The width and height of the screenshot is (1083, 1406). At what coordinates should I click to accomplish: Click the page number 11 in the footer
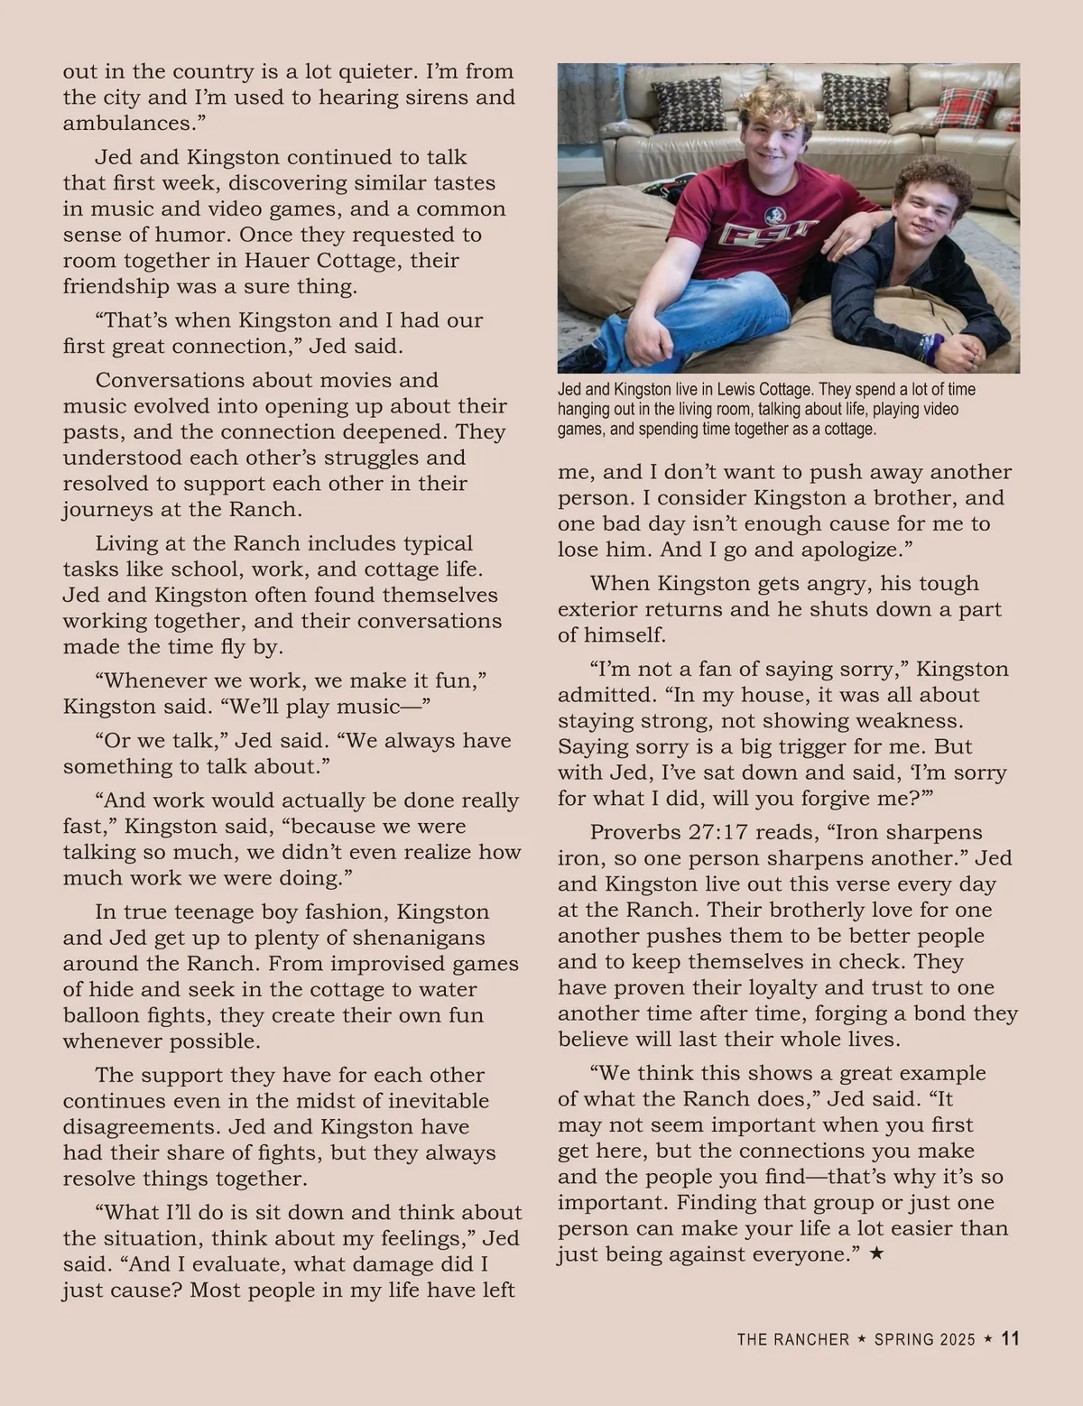1011,1338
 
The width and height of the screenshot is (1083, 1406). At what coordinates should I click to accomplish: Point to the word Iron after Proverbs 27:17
806,832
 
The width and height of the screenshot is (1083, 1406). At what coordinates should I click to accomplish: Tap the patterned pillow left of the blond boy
687,103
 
